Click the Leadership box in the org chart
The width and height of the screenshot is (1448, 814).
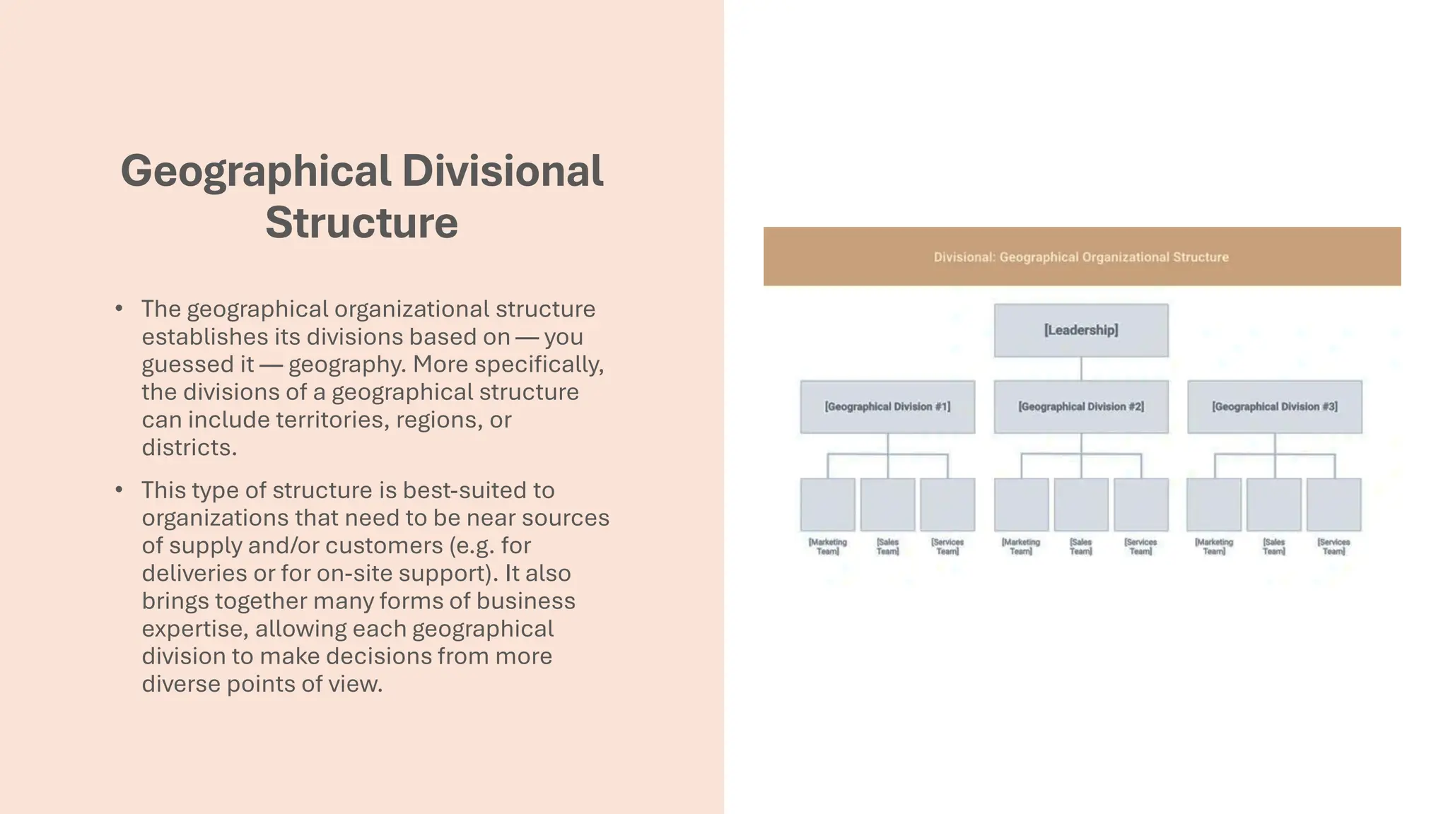coord(1080,330)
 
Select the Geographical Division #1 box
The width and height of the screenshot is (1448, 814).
coord(887,406)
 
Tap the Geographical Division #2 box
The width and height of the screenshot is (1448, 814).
coord(1080,406)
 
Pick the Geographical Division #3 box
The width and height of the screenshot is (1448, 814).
coord(1274,406)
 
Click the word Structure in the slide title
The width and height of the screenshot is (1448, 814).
coord(361,223)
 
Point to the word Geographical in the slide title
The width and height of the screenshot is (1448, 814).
coord(255,171)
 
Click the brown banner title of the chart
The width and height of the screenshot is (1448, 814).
coord(1080,257)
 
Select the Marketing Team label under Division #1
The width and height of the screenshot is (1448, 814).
coord(827,546)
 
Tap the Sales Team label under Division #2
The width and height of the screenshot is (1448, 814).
coord(1080,546)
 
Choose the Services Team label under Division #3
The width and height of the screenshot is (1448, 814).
coord(1333,546)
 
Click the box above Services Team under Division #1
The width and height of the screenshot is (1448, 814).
coord(947,504)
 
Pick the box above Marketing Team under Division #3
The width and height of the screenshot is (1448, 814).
coord(1214,504)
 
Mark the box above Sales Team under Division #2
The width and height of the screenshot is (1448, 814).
coord(1080,504)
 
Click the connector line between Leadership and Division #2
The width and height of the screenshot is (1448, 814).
coord(1081,368)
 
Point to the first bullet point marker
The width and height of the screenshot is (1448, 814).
coord(119,308)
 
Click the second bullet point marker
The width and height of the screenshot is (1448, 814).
coord(119,489)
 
